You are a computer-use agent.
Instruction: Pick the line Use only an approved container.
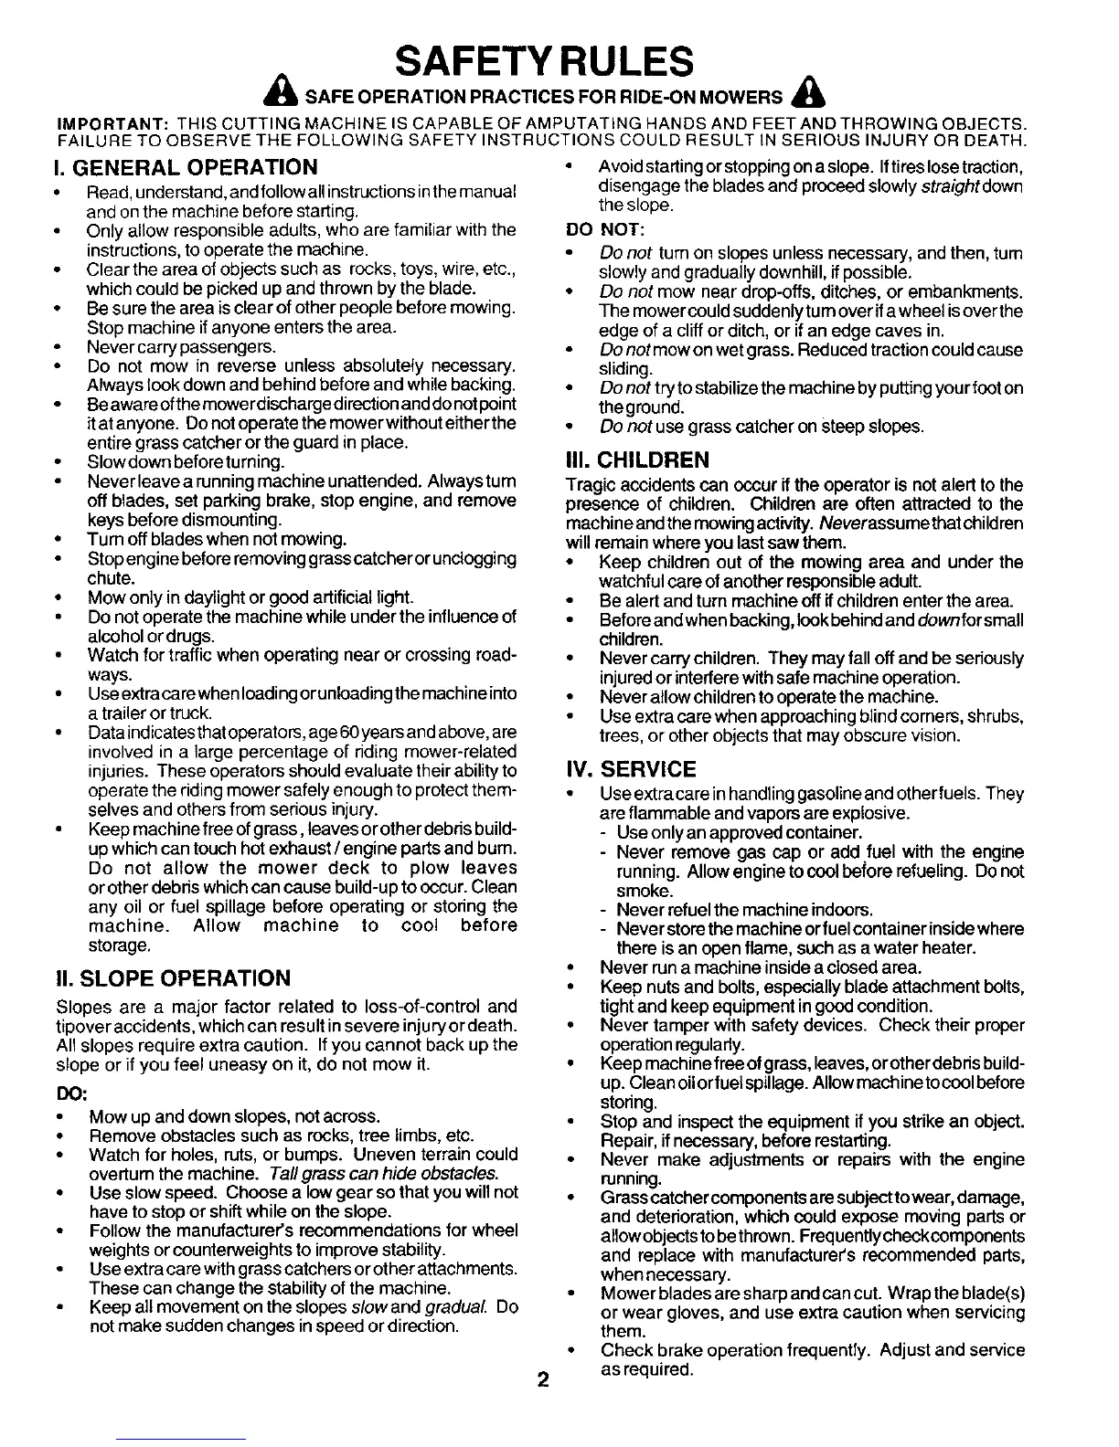click(739, 833)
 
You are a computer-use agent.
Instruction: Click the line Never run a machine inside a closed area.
click(761, 967)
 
